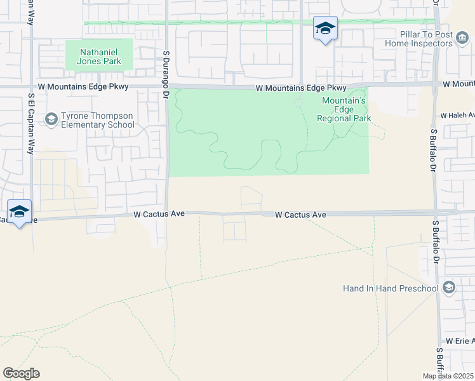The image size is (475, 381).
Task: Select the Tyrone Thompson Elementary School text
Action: (x=98, y=121)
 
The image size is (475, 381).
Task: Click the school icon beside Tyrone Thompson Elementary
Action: (x=51, y=119)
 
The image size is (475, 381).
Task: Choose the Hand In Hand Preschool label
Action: (x=391, y=288)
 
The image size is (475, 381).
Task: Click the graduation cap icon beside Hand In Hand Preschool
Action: (x=450, y=288)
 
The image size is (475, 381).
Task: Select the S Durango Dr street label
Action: (x=164, y=74)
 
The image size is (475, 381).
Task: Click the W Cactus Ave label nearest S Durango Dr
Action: (x=159, y=215)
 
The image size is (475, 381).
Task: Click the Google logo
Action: (x=21, y=373)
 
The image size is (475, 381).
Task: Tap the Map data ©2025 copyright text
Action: (x=448, y=376)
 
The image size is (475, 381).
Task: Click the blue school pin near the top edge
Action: (x=325, y=29)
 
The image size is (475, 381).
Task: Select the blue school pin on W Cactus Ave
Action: (x=20, y=212)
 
